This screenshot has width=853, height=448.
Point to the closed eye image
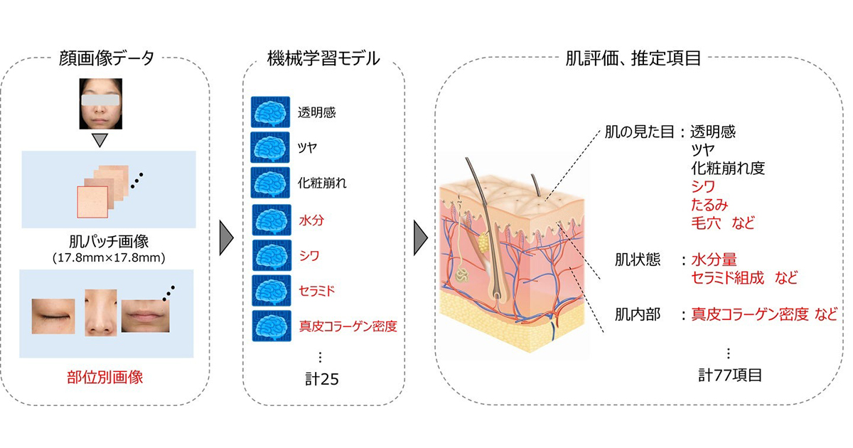click(x=53, y=312)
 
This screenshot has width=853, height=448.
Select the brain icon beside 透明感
click(x=270, y=112)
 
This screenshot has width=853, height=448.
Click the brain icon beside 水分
click(x=270, y=220)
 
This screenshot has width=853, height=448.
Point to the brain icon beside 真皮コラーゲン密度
click(x=270, y=326)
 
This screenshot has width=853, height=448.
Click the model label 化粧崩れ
click(x=323, y=183)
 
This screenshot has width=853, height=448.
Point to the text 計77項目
click(x=729, y=375)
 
